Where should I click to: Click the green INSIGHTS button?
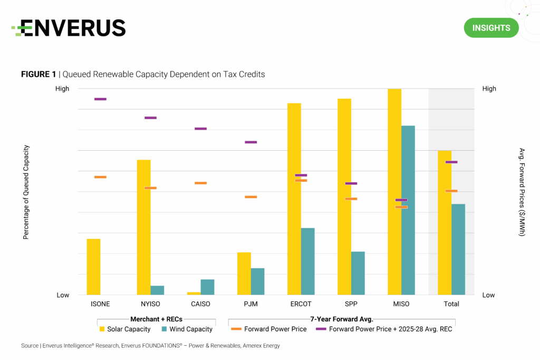pyautogui.click(x=491, y=28)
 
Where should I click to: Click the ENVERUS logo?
pyautogui.click(x=69, y=28)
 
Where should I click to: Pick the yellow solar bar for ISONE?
pyautogui.click(x=93, y=267)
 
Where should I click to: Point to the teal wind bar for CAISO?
pyautogui.click(x=207, y=287)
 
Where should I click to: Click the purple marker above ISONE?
pyautogui.click(x=100, y=99)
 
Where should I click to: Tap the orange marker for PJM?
pyautogui.click(x=250, y=197)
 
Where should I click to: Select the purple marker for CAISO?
pyautogui.click(x=200, y=129)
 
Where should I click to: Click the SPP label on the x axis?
pyautogui.click(x=351, y=304)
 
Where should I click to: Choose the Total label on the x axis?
pyautogui.click(x=451, y=304)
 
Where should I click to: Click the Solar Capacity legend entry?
pyautogui.click(x=128, y=329)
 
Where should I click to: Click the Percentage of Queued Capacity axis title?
pyautogui.click(x=25, y=192)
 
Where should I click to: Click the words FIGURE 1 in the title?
pyautogui.click(x=38, y=75)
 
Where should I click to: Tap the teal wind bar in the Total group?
pyautogui.click(x=458, y=249)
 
